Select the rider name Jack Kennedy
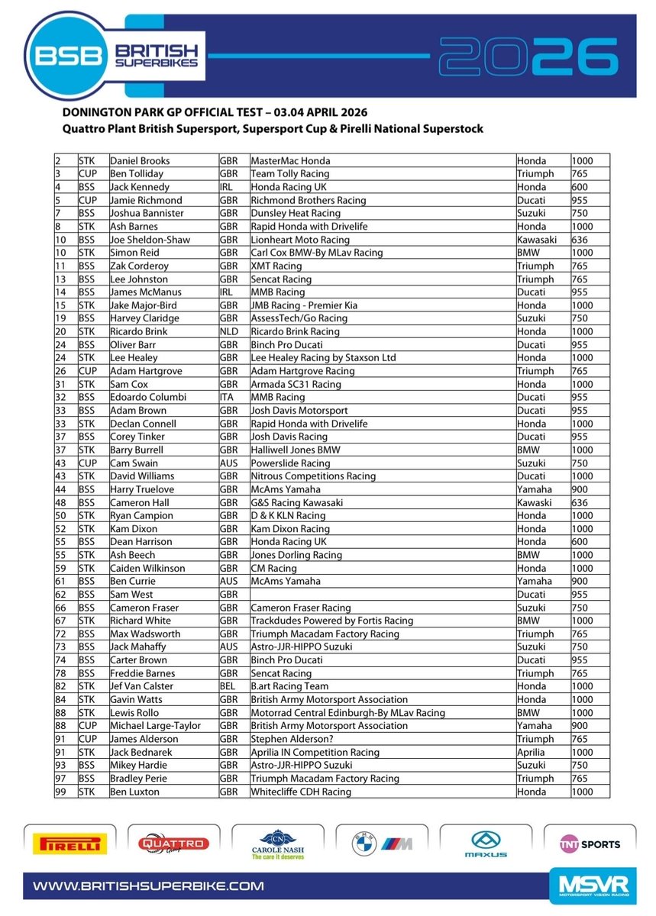pyautogui.click(x=139, y=187)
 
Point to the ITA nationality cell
pyautogui.click(x=228, y=397)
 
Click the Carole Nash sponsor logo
pyautogui.click(x=273, y=845)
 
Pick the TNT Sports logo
pyautogui.click(x=587, y=844)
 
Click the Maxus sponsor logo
pyautogui.click(x=486, y=844)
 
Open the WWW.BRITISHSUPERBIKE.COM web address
pyautogui.click(x=148, y=886)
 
